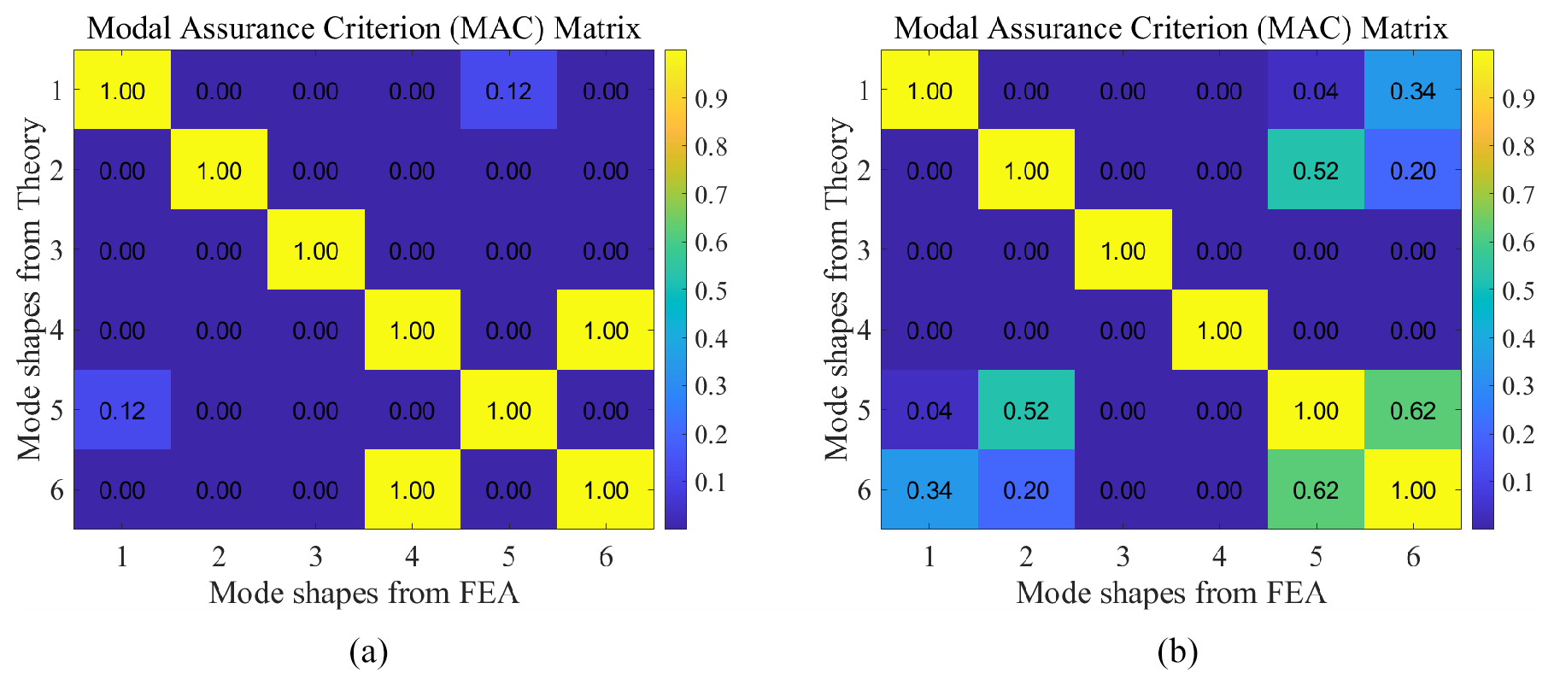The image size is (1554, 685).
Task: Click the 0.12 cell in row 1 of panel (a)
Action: tap(508, 91)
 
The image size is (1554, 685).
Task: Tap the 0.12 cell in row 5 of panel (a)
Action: tap(122, 410)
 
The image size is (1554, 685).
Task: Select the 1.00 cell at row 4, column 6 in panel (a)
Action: tap(606, 331)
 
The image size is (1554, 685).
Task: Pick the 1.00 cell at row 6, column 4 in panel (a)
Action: tap(412, 490)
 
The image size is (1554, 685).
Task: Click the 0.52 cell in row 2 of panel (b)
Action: tap(1316, 171)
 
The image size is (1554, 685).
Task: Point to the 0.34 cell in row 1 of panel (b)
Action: tap(1413, 91)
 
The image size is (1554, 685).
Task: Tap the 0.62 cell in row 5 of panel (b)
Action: tap(1413, 410)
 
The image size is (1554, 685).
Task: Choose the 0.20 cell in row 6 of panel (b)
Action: tap(1026, 490)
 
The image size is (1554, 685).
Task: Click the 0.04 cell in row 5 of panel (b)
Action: tap(929, 410)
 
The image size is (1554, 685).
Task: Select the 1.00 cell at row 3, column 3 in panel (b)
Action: tap(1123, 250)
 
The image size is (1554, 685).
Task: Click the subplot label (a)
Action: tap(369, 653)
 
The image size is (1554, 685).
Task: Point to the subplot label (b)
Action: tap(1177, 653)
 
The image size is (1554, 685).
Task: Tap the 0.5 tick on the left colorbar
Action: tap(711, 291)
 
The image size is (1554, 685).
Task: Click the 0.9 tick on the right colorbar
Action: tap(1518, 99)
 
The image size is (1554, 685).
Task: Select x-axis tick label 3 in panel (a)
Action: tap(315, 557)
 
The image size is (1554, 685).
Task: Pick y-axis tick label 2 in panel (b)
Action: tap(864, 171)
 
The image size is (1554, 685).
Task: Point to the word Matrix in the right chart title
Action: tap(1404, 28)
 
